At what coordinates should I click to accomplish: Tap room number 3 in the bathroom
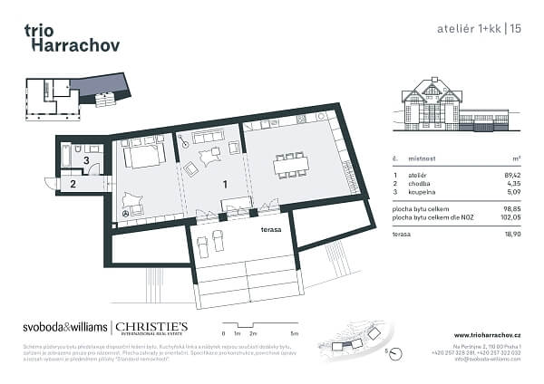(86, 160)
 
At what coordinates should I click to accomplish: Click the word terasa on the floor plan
(268, 229)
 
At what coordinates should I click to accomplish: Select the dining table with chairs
(290, 164)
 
